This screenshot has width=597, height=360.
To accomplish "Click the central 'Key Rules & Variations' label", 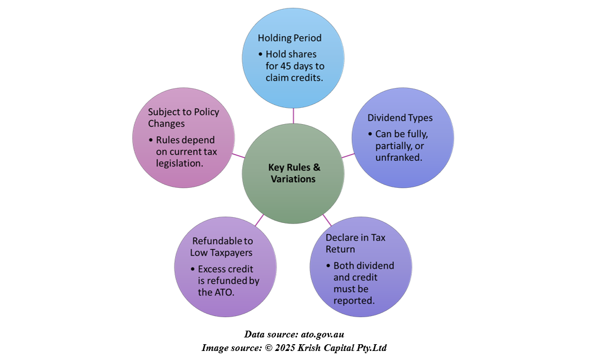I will (x=293, y=173).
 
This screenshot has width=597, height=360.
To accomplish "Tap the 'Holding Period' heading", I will (x=289, y=38).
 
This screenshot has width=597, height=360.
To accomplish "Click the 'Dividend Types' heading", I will (x=400, y=118).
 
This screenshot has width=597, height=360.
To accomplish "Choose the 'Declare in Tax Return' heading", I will (x=355, y=243).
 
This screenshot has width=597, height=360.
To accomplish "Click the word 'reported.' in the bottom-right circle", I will (x=354, y=301).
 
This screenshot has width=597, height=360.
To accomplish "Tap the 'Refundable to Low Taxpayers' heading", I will (x=222, y=247).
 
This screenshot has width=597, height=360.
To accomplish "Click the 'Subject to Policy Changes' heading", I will (x=183, y=117).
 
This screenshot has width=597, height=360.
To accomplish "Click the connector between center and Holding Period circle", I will (x=293, y=116).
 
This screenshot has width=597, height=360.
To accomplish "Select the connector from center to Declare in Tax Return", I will (x=327, y=218).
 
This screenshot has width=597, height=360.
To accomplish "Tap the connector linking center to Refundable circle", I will (x=259, y=219).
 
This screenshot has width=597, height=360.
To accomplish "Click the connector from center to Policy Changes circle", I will (x=238, y=155).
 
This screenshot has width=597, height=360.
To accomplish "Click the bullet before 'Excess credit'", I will (x=192, y=269).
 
